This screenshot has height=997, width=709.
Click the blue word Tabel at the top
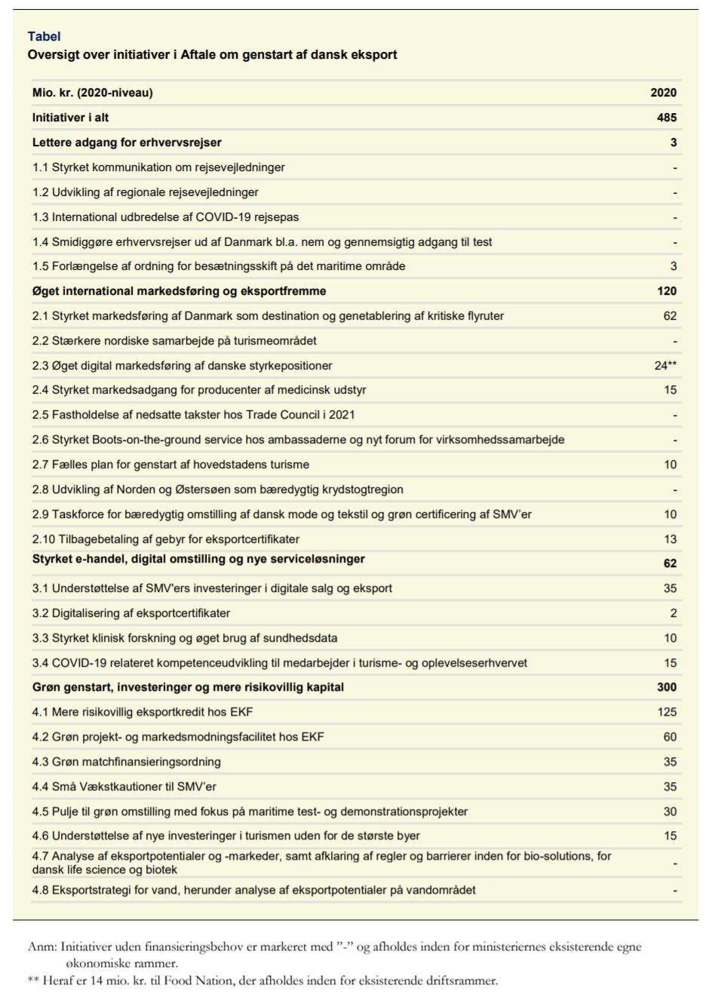coord(44,36)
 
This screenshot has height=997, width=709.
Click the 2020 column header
coord(663,93)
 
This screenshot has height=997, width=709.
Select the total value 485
coord(666,118)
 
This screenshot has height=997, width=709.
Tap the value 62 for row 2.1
coord(670,316)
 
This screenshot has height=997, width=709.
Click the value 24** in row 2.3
coord(665,366)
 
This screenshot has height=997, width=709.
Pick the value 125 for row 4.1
coord(667,712)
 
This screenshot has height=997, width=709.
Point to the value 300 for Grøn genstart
coord(666,687)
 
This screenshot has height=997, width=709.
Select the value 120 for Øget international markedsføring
coord(666,291)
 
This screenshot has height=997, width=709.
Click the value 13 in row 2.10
coord(670,539)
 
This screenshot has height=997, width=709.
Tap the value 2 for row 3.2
coord(674,613)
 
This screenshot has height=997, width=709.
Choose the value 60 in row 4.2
coord(670,737)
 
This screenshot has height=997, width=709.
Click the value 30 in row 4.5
coord(670,811)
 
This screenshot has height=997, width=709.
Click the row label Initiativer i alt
coord(70,118)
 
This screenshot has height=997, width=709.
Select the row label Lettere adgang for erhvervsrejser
coord(127,143)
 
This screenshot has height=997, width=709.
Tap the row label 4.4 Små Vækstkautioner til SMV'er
coord(124,787)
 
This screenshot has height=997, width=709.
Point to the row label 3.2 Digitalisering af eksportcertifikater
coord(131,613)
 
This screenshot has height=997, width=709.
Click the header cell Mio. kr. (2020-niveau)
coord(92,93)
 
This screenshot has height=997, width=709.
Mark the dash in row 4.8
coord(674,891)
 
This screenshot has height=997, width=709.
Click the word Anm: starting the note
coord(42,947)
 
